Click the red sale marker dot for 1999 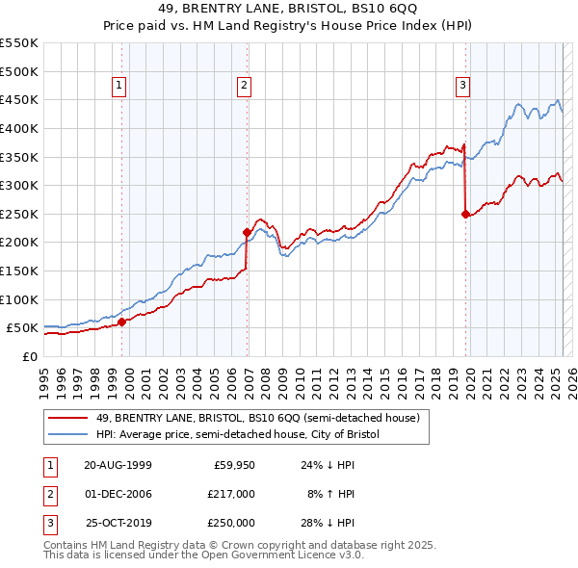click(122, 323)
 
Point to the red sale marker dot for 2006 click(248, 232)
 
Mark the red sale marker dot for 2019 click(466, 214)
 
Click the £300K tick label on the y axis click(18, 185)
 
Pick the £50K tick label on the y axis click(22, 328)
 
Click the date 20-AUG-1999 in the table click(118, 465)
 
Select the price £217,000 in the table click(232, 494)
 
